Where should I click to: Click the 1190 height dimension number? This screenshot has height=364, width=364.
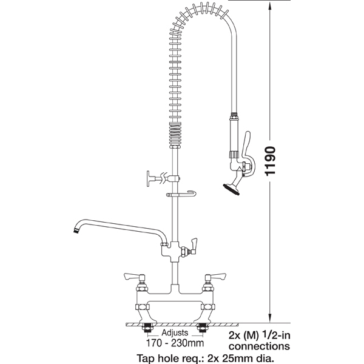pos(270,161)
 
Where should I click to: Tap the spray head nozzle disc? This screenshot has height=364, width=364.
pos(231,189)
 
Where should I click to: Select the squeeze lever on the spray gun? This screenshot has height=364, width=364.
pos(248,153)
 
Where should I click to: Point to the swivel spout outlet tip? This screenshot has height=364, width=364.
pos(75,231)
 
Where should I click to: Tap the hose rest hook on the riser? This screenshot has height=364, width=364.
pos(181,194)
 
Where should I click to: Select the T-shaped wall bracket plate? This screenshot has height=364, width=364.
pos(149,178)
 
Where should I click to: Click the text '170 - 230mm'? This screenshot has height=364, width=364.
pos(175,343)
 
